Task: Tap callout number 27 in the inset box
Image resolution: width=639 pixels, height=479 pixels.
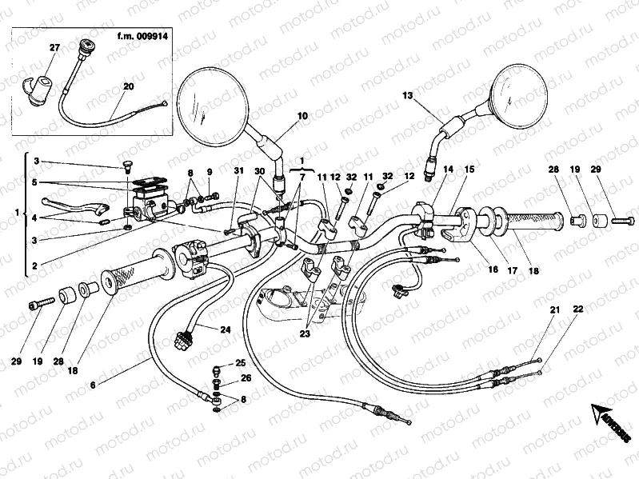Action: [x=54, y=49]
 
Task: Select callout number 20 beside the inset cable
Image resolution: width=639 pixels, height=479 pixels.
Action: [x=129, y=86]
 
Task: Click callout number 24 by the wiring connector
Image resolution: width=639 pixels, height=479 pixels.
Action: [x=225, y=329]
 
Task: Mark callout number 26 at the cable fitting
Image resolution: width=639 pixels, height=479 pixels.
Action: [x=246, y=378]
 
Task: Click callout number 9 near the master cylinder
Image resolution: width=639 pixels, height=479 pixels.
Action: [x=209, y=172]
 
